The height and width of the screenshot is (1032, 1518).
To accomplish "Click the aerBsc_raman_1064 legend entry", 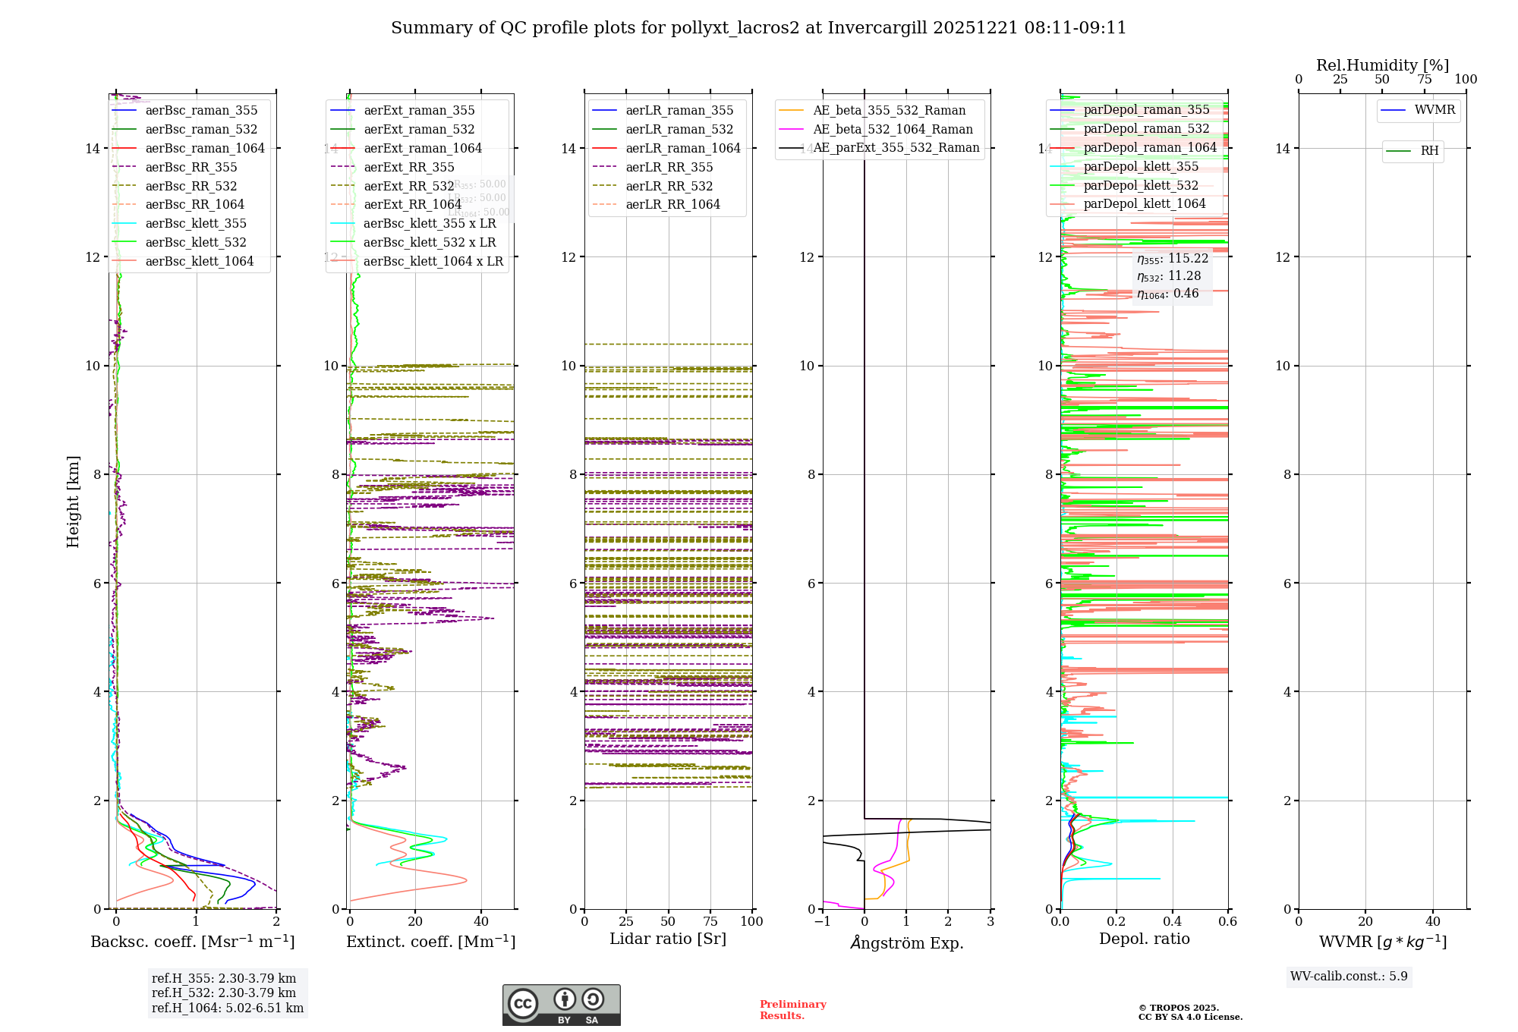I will point(205,149).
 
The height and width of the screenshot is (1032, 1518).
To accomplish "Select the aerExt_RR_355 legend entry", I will point(408,168).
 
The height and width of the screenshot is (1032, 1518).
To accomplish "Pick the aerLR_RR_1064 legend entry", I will point(672,205).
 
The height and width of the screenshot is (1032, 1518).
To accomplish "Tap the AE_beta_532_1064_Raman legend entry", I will point(893,130).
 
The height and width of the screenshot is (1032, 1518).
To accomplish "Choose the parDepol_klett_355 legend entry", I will point(1141,167).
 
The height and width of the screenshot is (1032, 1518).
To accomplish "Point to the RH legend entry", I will point(1429,151).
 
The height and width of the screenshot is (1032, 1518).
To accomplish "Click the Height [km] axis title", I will point(73,501).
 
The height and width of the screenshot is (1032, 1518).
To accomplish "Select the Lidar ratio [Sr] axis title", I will point(668,939).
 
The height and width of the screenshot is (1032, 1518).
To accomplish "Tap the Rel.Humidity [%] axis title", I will point(1382,65).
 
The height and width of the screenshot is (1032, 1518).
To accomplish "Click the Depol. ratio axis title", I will point(1144,939).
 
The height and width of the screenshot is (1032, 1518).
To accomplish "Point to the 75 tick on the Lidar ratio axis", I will point(710,922).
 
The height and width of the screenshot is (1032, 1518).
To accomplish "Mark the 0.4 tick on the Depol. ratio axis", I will point(1172,922).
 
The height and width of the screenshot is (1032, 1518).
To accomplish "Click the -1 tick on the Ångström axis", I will point(823,922).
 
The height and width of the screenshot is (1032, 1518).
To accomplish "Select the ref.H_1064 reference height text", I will point(228,1008).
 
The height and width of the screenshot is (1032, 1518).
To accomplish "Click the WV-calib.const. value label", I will point(1349,977).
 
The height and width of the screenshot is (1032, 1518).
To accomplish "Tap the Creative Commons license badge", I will point(561,1005).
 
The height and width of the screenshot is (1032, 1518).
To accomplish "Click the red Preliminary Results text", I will point(792,1010).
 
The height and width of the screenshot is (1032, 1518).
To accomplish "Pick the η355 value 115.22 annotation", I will point(1172,259).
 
